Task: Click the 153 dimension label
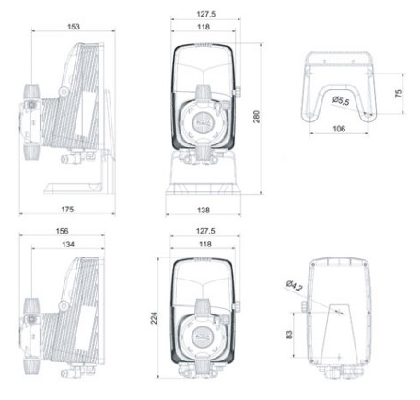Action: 74,27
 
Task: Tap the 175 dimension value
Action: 67,210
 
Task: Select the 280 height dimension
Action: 256,117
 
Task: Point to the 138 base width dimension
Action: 204,210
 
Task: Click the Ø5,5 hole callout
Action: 341,100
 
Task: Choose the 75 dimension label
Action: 398,94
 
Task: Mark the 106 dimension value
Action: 339,129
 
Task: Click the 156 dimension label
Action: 62,231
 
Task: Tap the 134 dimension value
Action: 68,244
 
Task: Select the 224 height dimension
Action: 154,318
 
